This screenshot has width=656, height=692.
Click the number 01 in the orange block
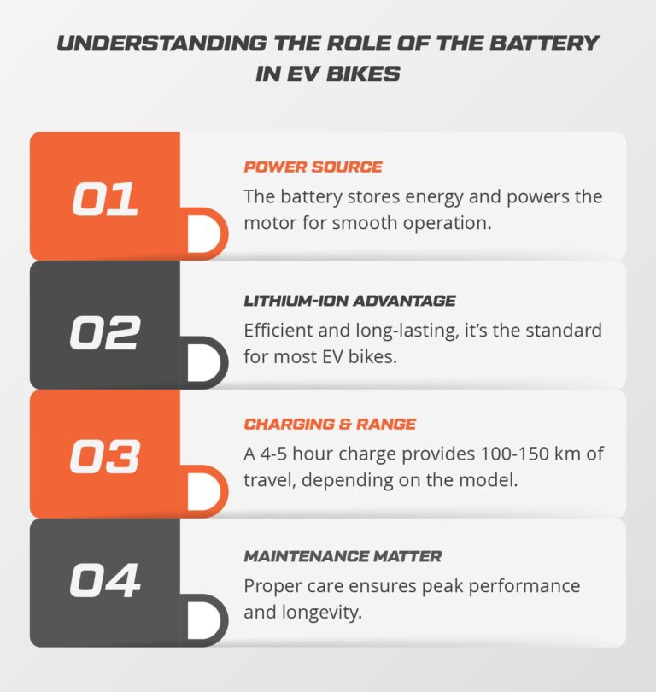pos(104,198)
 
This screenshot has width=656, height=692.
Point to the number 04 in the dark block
pos(104,584)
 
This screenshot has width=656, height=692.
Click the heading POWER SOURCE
pos(313,167)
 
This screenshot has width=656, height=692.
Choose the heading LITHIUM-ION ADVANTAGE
pos(349,301)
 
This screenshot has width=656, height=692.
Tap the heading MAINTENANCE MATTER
pos(343,556)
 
